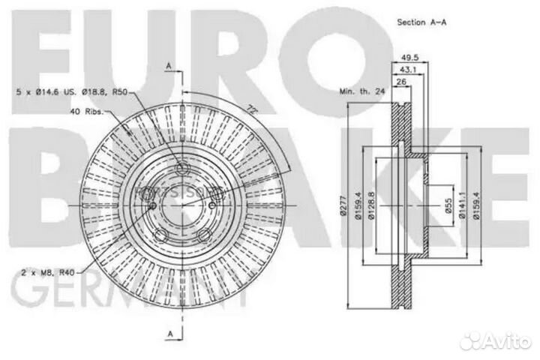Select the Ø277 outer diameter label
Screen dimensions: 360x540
342,205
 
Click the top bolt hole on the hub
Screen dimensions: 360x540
182,166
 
